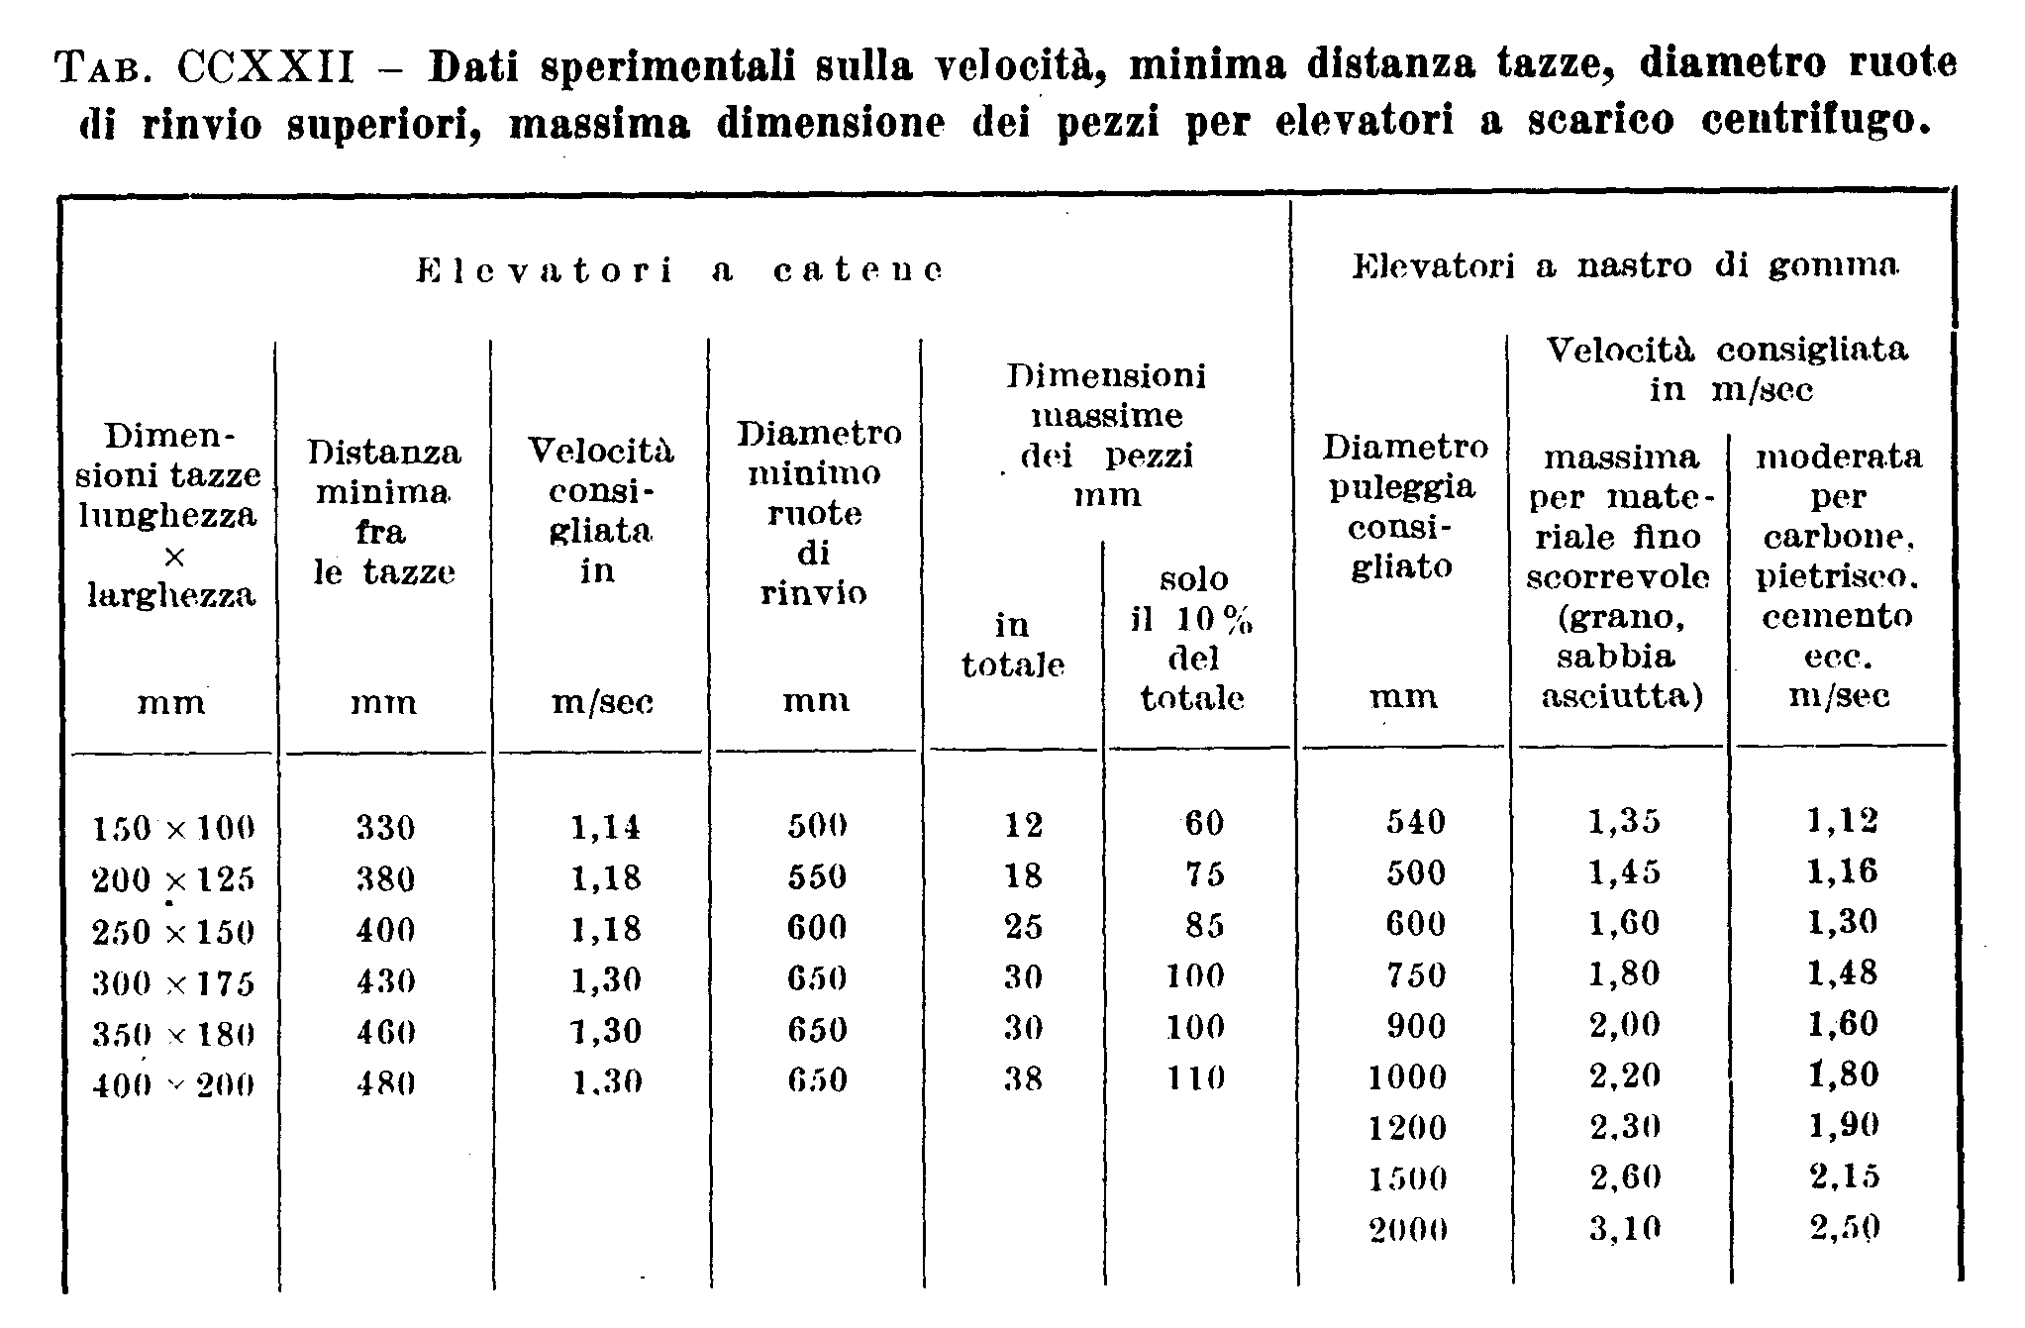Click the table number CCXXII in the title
266,68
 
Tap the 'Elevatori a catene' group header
678,270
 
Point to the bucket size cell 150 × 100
173,827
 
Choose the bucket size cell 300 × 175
173,981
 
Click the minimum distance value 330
385,827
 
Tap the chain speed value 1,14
605,826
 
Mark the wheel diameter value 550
817,876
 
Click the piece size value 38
1023,1077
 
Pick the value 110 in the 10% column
1195,1077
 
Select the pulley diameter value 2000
1407,1230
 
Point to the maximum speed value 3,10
1624,1229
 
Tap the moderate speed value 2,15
1843,1177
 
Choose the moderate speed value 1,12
1842,821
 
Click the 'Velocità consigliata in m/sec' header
1728,369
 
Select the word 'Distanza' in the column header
383,453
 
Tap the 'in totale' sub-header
1012,645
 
